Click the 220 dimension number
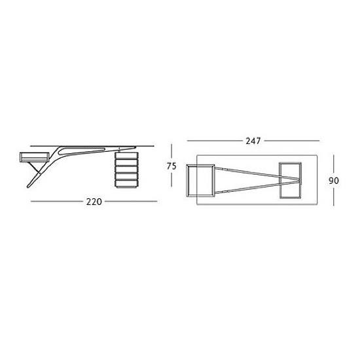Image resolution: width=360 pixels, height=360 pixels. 94,202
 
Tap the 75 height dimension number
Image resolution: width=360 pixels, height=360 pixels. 171,166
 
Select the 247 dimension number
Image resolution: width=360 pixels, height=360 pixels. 253,141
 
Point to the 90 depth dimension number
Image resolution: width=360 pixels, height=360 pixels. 334,181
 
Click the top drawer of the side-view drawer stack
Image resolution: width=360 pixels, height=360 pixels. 126,155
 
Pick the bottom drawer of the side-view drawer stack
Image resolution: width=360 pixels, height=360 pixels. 126,183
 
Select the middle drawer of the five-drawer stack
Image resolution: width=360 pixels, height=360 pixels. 126,170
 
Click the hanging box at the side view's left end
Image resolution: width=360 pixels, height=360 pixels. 35,156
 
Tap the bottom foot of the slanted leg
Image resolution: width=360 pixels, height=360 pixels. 29,186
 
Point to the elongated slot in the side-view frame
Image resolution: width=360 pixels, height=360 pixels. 82,151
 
